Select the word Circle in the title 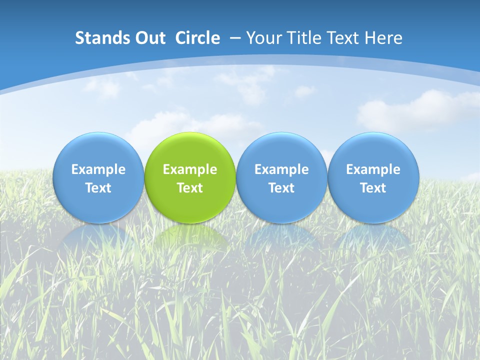tap(197, 38)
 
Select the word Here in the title tap(383, 38)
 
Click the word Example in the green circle tap(190, 169)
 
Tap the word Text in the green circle tap(190, 188)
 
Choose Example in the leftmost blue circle tap(98, 169)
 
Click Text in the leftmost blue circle tap(98, 188)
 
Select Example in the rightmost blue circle tap(373, 169)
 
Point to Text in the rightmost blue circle tap(373, 188)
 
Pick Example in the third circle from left tap(281, 169)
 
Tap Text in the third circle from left tap(281, 188)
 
